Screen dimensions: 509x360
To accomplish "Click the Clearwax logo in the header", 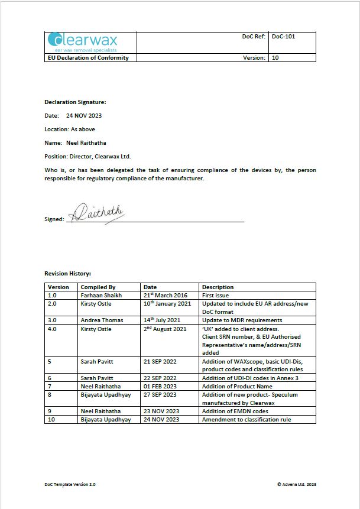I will click(x=83, y=42).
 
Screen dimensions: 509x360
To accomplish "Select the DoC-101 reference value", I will click(x=283, y=37).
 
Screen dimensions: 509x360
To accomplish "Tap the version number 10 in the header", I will click(x=275, y=58).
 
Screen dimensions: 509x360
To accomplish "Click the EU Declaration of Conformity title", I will click(x=87, y=58).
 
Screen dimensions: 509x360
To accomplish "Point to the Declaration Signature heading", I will click(x=75, y=102).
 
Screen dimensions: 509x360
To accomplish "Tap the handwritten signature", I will click(x=98, y=213).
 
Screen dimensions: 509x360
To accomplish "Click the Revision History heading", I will click(x=67, y=274).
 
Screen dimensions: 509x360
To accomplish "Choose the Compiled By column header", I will click(x=98, y=287).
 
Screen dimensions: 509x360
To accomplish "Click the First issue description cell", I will click(x=216, y=295).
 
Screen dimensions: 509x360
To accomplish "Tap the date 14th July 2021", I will click(x=163, y=320).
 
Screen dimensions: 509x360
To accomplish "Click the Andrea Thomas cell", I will click(x=102, y=320).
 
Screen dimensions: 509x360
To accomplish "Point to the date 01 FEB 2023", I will click(x=160, y=386).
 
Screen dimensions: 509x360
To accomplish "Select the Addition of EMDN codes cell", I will click(x=235, y=411).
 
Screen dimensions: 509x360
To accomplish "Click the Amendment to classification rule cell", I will click(x=246, y=419).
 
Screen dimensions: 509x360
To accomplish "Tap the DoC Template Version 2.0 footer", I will click(x=70, y=484).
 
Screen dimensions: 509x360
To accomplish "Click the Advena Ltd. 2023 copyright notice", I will click(x=297, y=484).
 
